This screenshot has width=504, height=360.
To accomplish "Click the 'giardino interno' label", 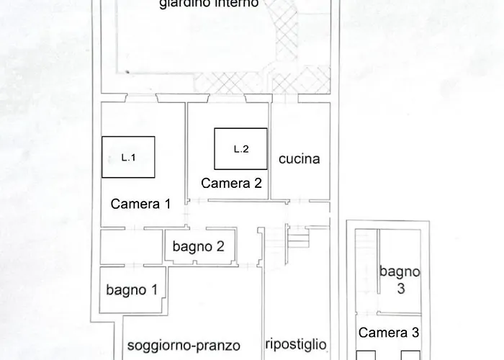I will tap(209, 4).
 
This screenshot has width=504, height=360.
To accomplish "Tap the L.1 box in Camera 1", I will tap(128, 158).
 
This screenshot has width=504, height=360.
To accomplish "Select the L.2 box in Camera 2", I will tap(241, 149).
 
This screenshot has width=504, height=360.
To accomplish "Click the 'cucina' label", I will tap(299, 159).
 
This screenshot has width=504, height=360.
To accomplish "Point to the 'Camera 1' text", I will tap(140, 204).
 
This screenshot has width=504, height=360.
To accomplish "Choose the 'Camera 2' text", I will tap(231, 183).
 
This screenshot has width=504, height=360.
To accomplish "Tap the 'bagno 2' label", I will tap(199, 246).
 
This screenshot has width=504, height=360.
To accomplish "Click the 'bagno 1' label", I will tap(132, 290).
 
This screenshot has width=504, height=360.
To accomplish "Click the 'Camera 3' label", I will tap(389, 333).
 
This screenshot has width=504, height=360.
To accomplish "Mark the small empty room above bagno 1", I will tap(131, 247).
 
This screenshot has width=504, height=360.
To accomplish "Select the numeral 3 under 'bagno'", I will tap(400, 287).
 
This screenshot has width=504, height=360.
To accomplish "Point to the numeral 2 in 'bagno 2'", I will tap(220, 246).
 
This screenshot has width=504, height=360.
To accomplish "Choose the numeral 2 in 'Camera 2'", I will tap(257, 183).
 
